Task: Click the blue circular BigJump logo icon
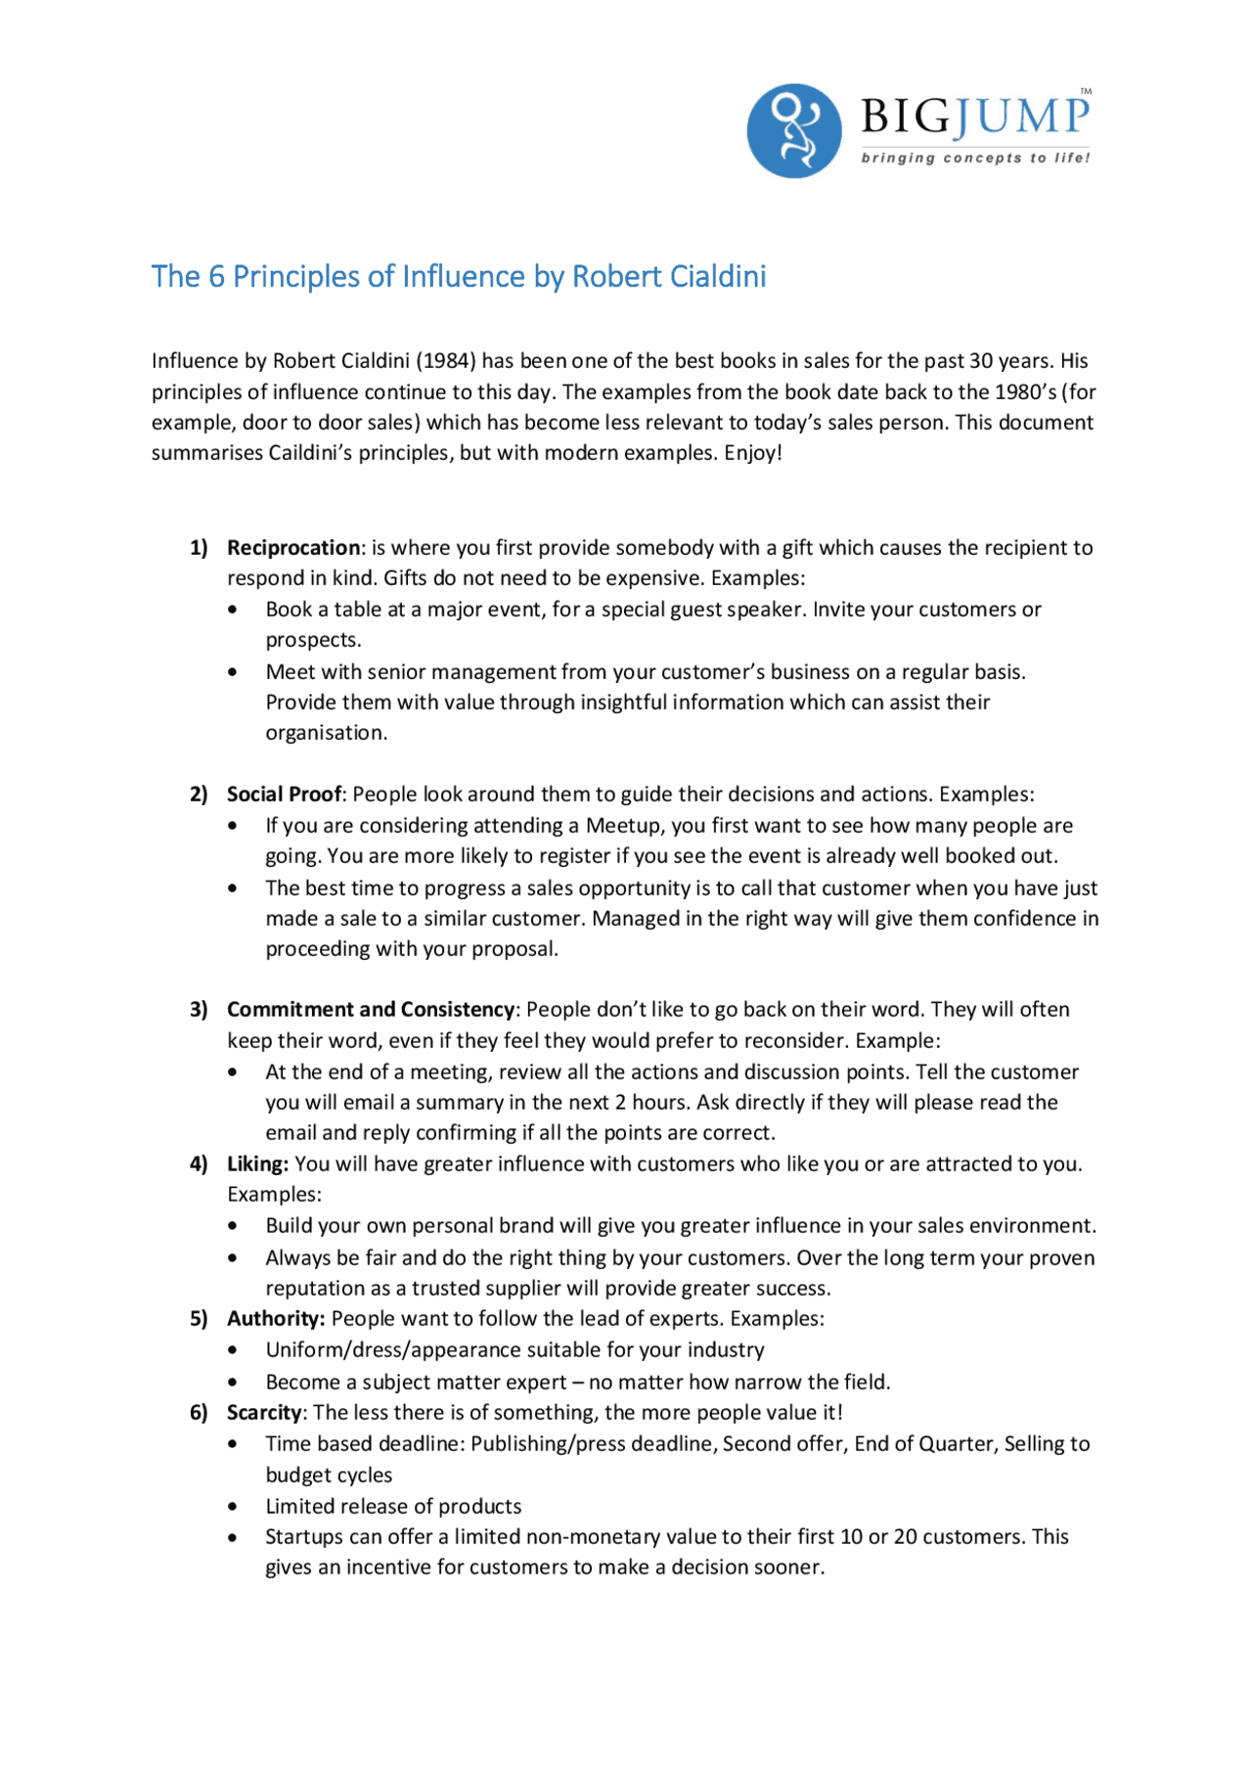click(x=793, y=130)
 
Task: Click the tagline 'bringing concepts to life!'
click(x=974, y=158)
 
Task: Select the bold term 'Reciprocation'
click(x=293, y=548)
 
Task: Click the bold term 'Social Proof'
click(x=284, y=795)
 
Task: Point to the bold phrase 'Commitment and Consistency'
click(x=370, y=1010)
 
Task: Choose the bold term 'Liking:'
click(x=257, y=1164)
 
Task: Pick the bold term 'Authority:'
click(x=275, y=1319)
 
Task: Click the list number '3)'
click(x=199, y=1010)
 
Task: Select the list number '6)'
click(x=199, y=1413)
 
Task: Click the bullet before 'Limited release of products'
click(x=232, y=1508)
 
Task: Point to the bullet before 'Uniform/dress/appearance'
click(x=232, y=1351)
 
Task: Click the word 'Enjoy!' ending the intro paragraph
click(x=753, y=453)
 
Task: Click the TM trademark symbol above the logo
click(x=1086, y=92)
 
